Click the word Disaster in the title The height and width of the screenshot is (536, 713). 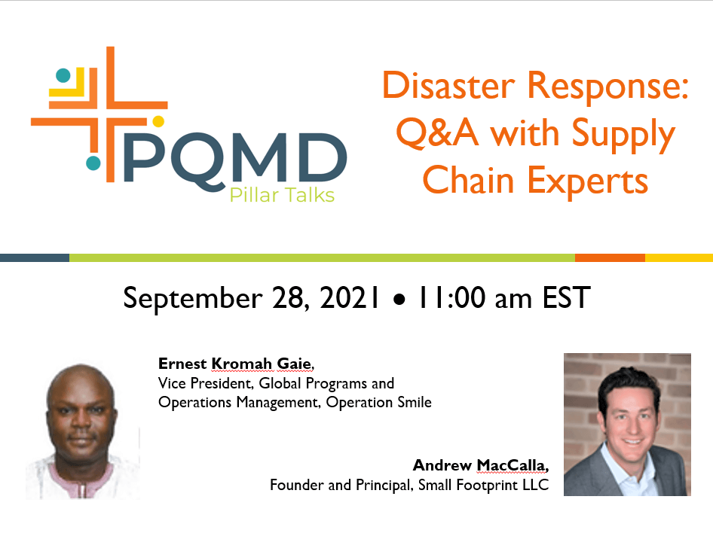coord(448,85)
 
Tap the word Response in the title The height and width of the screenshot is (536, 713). coord(607,87)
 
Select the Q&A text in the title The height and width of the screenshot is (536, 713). coord(437,132)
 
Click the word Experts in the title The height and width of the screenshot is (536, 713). coord(587,181)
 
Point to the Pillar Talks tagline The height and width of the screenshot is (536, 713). coord(282,195)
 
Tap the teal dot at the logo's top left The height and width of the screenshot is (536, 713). coord(63,75)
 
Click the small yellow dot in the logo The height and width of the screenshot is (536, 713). coord(158,121)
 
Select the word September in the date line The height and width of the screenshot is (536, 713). coord(193,299)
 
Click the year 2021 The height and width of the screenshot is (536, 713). coord(349,298)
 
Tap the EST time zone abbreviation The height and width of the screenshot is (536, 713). coord(566,298)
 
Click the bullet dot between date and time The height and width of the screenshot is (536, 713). coord(399,300)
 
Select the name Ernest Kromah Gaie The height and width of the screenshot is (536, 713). coord(235,364)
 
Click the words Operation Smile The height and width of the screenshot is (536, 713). coord(379,402)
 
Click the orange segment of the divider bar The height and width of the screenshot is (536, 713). coord(610,257)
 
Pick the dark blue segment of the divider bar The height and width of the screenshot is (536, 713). coord(35,257)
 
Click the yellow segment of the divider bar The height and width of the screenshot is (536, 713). coord(679,257)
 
